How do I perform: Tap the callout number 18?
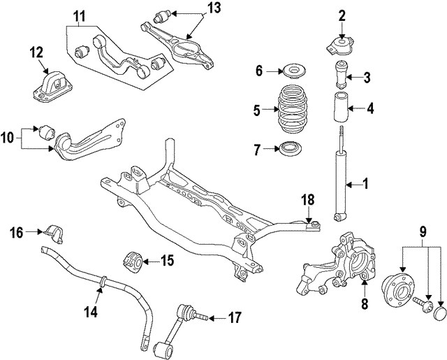point(308,200)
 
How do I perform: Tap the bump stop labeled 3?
point(344,75)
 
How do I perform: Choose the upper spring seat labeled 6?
point(291,71)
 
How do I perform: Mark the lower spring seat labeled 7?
point(291,149)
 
